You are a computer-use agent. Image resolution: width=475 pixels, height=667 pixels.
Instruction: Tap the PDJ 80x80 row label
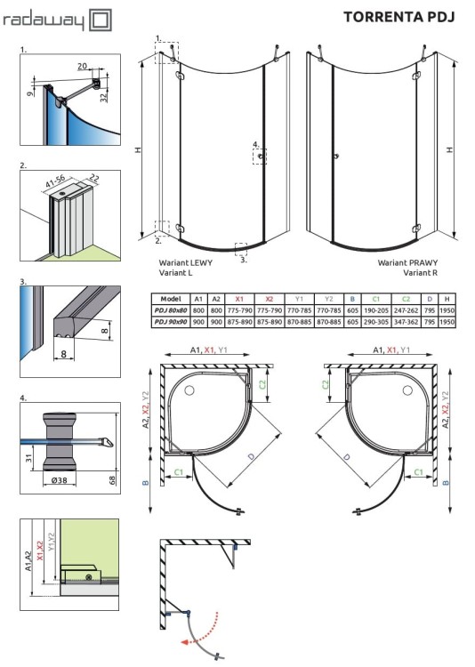coord(172,310)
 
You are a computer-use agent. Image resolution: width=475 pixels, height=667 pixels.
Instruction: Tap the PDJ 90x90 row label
coord(172,321)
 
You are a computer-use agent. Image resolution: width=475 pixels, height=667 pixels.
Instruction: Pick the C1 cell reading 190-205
coord(376,310)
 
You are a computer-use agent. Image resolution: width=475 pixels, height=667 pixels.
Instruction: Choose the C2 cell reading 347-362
coord(407,321)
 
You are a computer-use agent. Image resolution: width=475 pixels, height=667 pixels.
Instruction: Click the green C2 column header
coord(407,299)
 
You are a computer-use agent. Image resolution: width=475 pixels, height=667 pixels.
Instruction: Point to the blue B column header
coord(352,299)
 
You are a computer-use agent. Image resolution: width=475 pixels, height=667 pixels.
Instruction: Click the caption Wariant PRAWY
coord(404,264)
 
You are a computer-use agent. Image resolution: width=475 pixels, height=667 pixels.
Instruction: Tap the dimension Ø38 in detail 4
coord(60,479)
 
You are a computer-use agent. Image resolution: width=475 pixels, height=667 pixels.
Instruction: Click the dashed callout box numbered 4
coord(259,157)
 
